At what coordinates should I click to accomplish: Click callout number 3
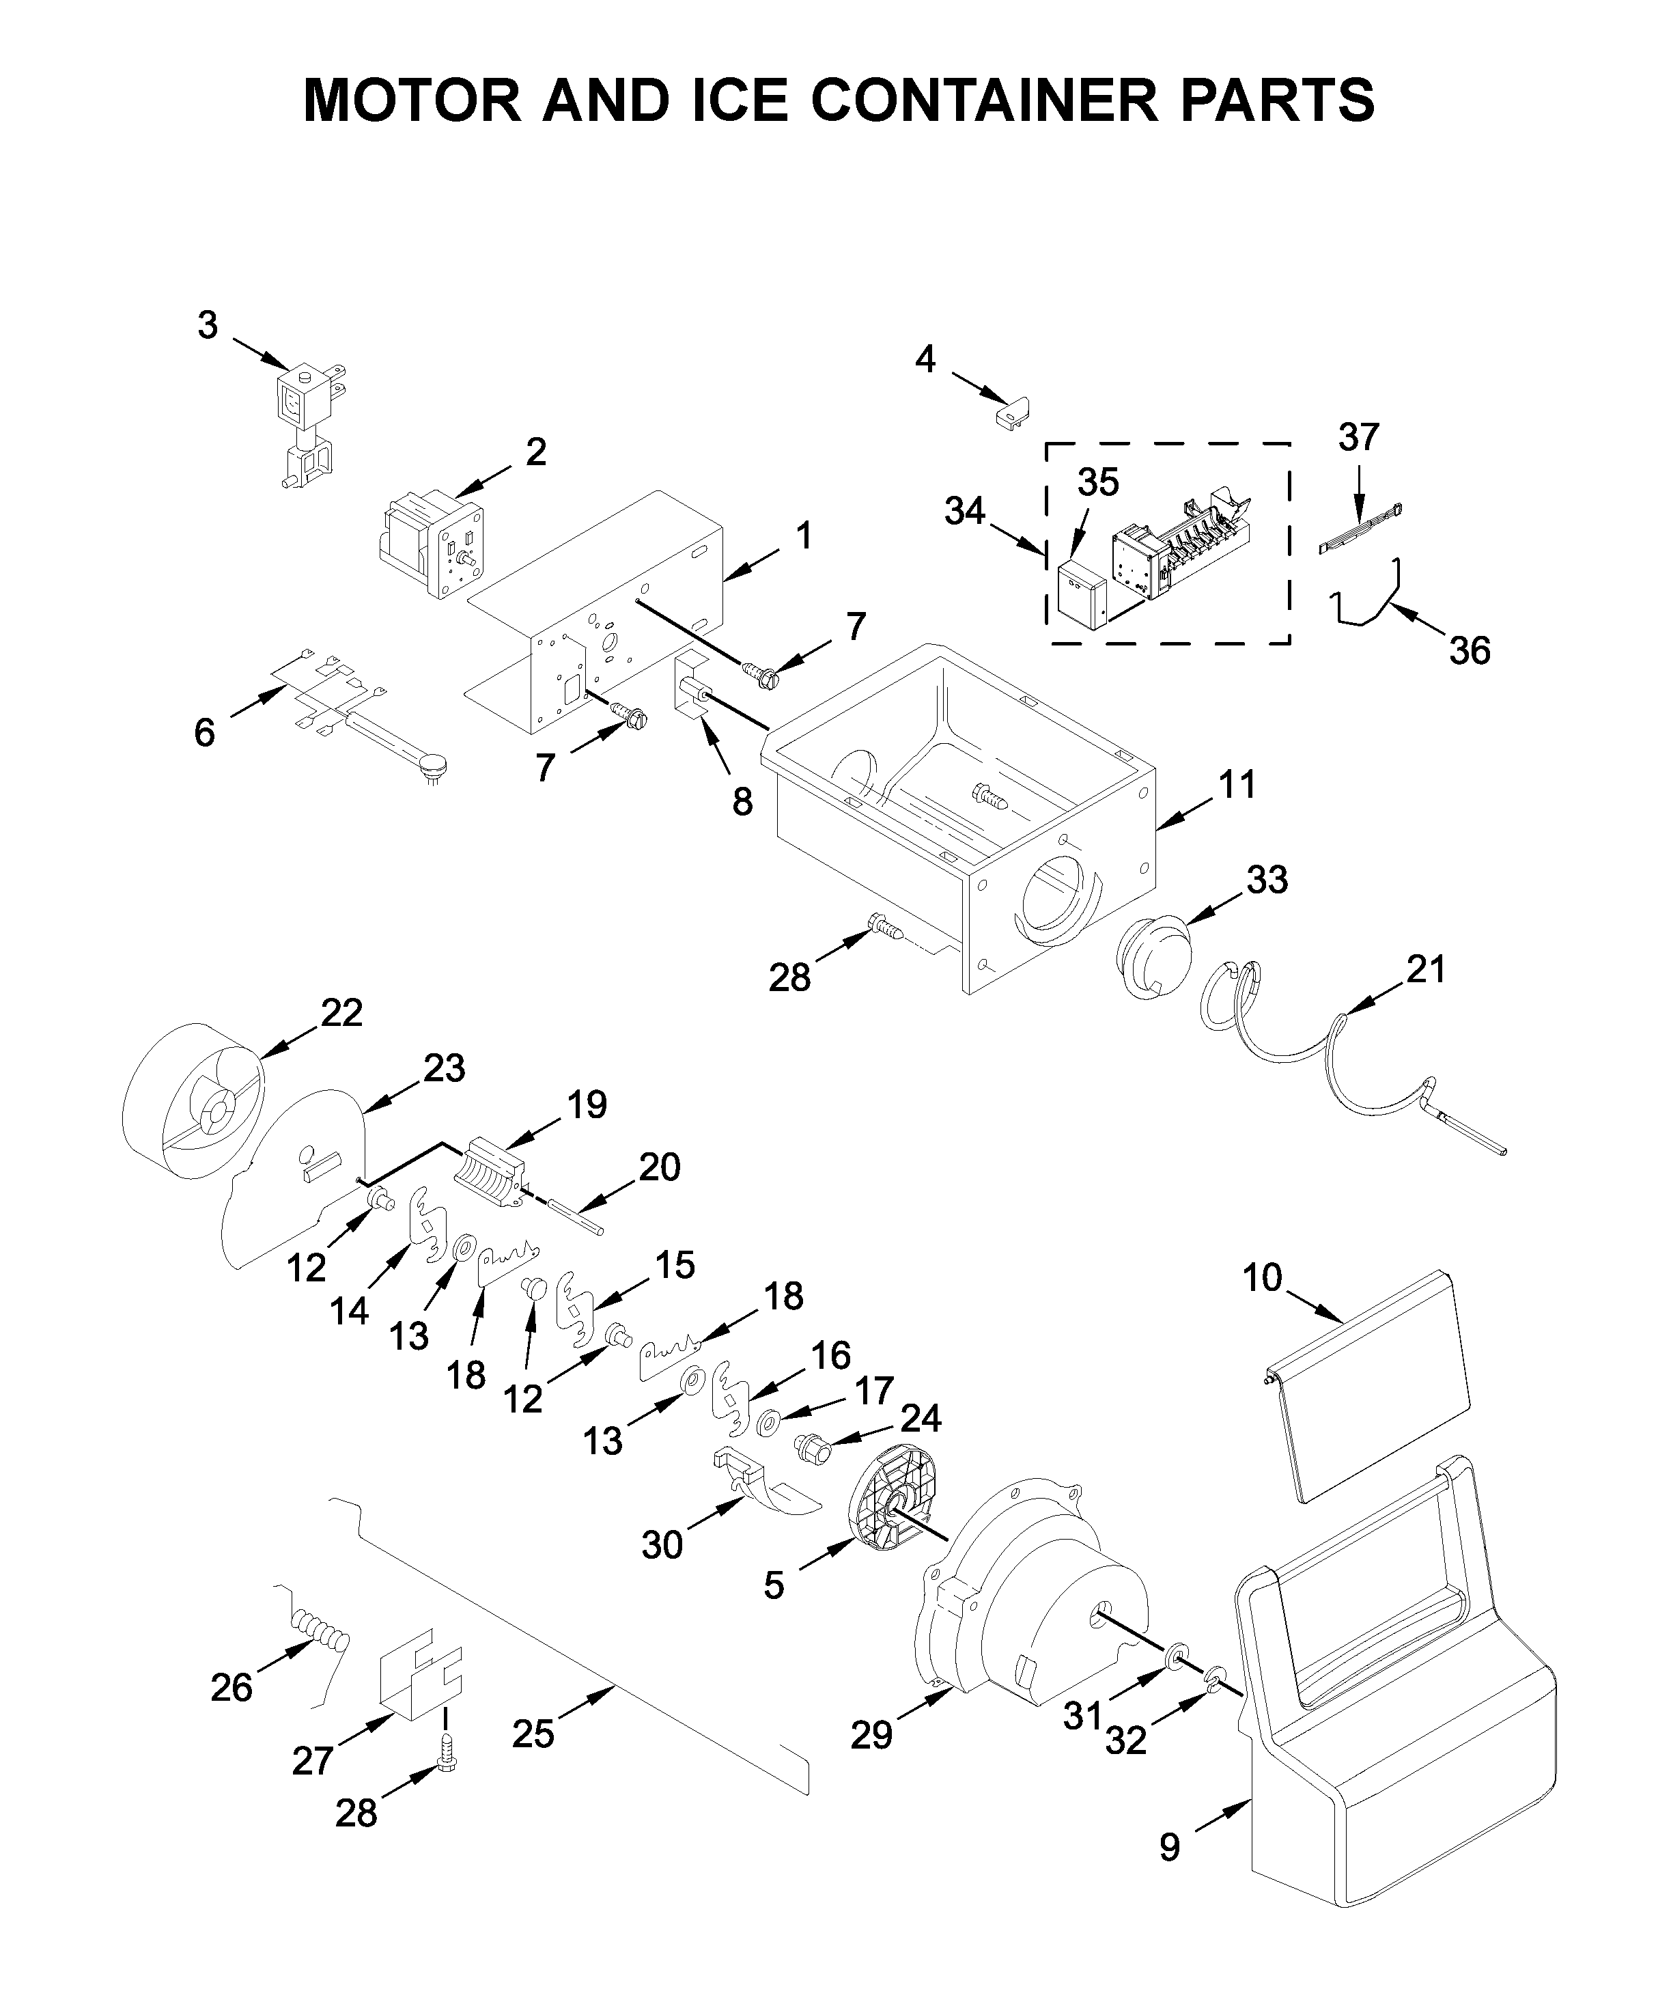(208, 326)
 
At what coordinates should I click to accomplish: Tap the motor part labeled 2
(434, 544)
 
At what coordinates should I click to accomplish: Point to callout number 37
(1358, 438)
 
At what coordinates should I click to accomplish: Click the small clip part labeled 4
(1012, 413)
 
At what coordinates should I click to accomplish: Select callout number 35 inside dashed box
(1097, 484)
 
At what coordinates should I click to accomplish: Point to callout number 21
(1426, 969)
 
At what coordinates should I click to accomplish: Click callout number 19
(586, 1105)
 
